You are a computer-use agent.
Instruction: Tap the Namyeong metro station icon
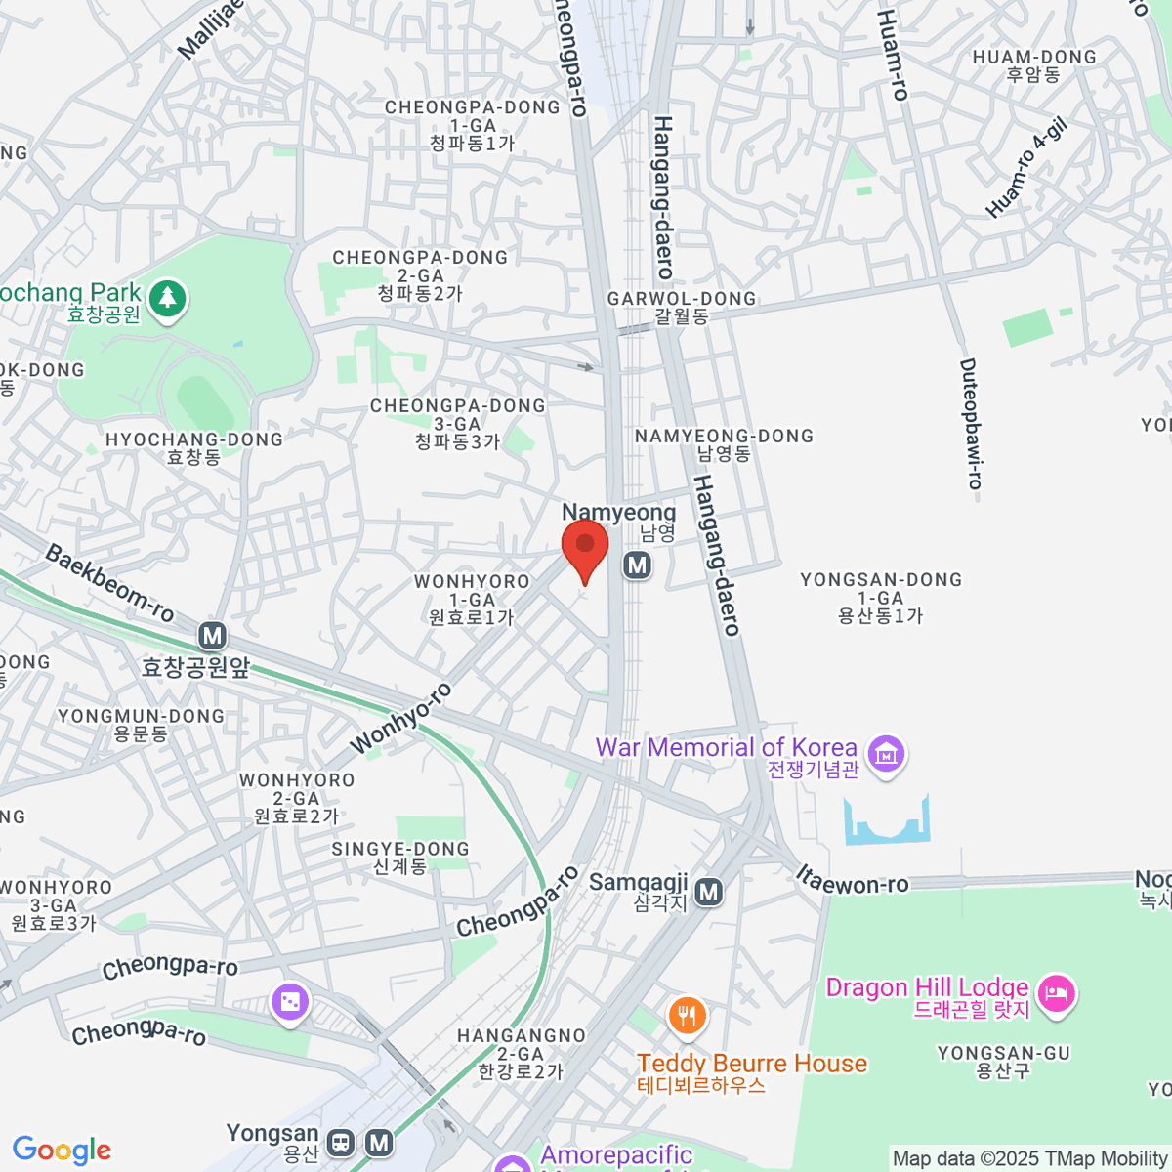pos(638,565)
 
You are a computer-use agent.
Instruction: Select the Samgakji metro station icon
pos(709,892)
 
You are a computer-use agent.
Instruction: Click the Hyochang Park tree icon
pos(168,298)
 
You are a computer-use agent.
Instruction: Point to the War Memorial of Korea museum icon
pos(887,754)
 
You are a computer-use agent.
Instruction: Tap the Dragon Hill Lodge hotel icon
pos(1056,994)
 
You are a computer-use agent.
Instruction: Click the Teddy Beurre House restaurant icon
pos(688,1016)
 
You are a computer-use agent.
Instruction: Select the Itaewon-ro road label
pos(852,881)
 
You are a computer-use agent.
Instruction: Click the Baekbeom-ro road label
pos(109,583)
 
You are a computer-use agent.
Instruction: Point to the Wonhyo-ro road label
pos(400,719)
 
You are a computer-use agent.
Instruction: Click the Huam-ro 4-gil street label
pos(1026,167)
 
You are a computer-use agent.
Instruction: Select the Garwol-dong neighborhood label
pos(682,307)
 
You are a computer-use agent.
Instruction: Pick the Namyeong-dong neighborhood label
pos(724,444)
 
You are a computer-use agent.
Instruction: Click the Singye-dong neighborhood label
pos(400,858)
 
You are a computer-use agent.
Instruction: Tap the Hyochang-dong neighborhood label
pos(193,448)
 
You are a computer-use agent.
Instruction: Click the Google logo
pos(62,1151)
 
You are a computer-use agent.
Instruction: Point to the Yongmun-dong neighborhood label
pos(141,725)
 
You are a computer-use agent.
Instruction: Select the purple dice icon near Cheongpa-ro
pos(290,1002)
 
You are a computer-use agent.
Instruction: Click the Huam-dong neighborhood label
pos(1034,65)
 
